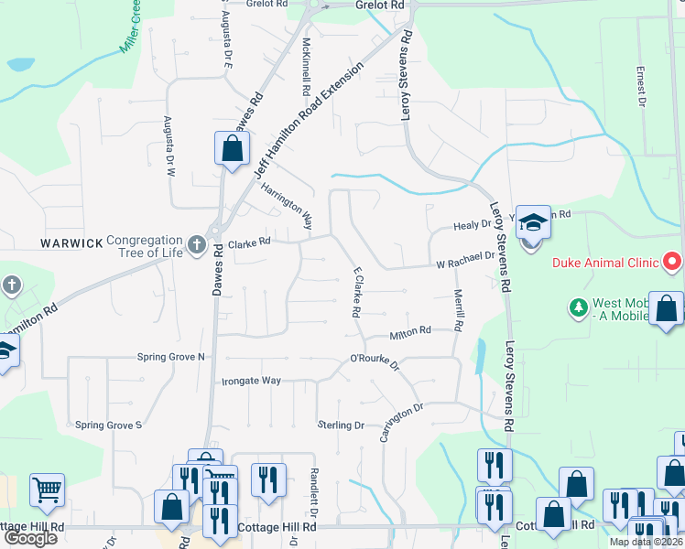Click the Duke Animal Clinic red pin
point(673,262)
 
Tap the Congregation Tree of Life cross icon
point(195,244)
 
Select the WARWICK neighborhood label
point(71,243)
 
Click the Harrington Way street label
point(287,207)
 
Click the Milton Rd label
point(410,334)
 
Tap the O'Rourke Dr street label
point(375,362)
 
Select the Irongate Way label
point(251,380)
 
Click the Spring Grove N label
point(171,357)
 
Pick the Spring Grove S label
point(109,425)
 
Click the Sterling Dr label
point(341,425)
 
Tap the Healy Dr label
point(473,226)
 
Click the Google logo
point(30,538)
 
